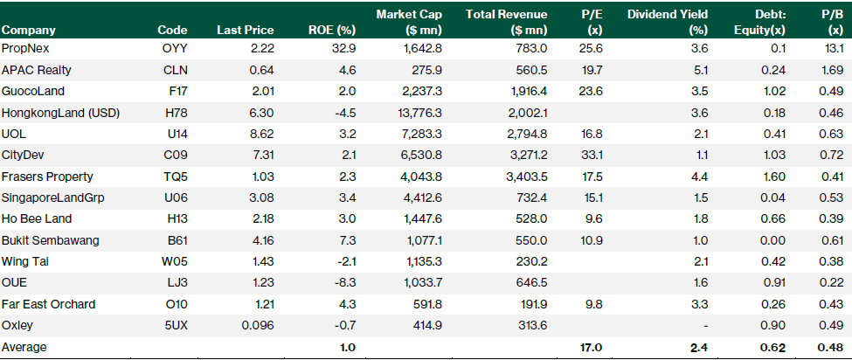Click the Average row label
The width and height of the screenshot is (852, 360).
point(24,347)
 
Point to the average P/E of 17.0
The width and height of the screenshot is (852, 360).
point(592,347)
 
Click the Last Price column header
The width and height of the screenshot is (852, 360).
point(239,30)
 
